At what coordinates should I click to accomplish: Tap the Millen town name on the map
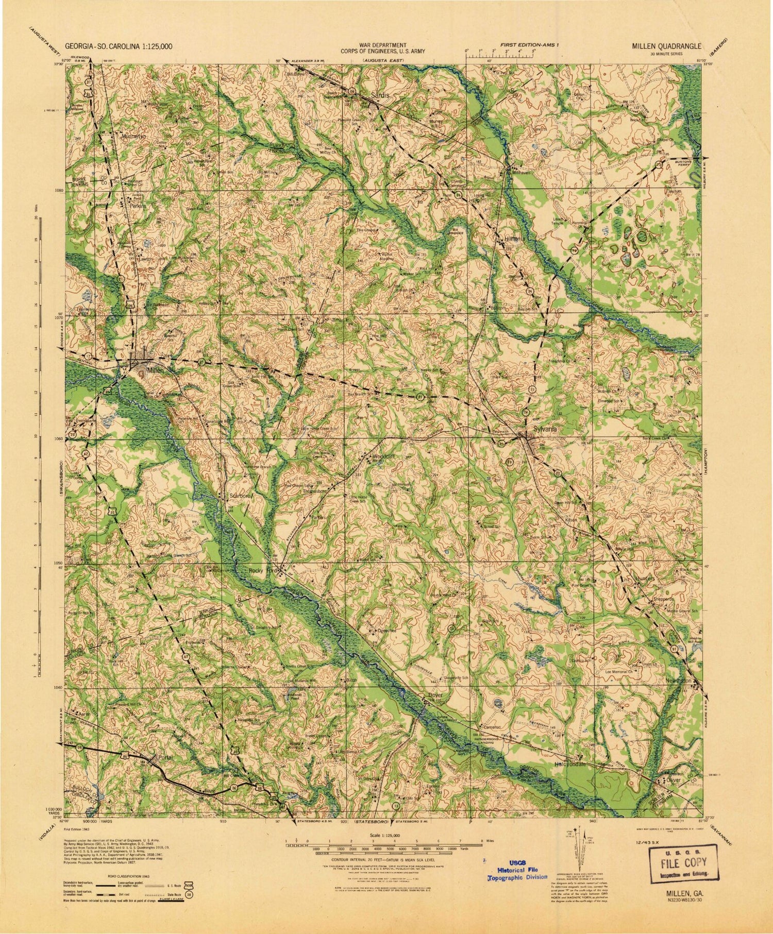(154, 369)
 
